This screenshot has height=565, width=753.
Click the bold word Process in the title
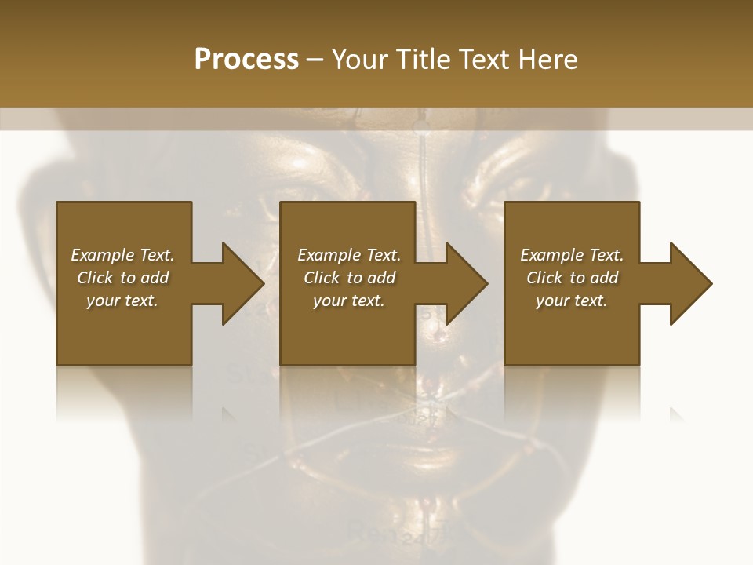(246, 60)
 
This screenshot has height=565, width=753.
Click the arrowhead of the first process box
(240, 283)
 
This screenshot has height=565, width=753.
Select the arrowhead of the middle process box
(464, 283)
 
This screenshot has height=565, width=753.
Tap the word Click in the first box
(95, 278)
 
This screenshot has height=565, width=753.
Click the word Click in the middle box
(322, 278)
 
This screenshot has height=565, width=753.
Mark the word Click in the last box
(544, 278)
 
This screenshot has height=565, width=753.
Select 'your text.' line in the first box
(122, 301)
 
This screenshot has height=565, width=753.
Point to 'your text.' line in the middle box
(349, 301)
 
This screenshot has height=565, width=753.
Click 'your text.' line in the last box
(572, 301)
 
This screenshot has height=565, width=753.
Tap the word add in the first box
(154, 278)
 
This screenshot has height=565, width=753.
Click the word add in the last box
(604, 278)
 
